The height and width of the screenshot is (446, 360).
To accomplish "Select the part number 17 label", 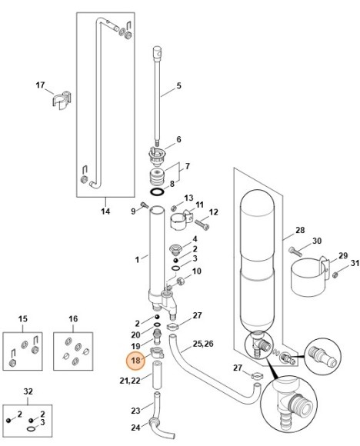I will coord(41,85).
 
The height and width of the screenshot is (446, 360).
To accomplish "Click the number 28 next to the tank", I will coord(300,230).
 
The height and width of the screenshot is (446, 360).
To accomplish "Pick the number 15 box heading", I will coord(23,318).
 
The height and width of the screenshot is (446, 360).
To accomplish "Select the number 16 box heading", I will coord(73,318).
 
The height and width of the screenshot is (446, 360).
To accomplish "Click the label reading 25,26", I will coord(204,343).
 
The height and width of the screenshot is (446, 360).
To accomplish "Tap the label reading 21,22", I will coord(130,381).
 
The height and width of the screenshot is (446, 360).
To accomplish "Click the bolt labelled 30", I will coord(296,250).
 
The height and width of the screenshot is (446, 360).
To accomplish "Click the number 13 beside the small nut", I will coord(188,198).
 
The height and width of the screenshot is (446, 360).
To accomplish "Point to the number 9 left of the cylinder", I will coord(133,211).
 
